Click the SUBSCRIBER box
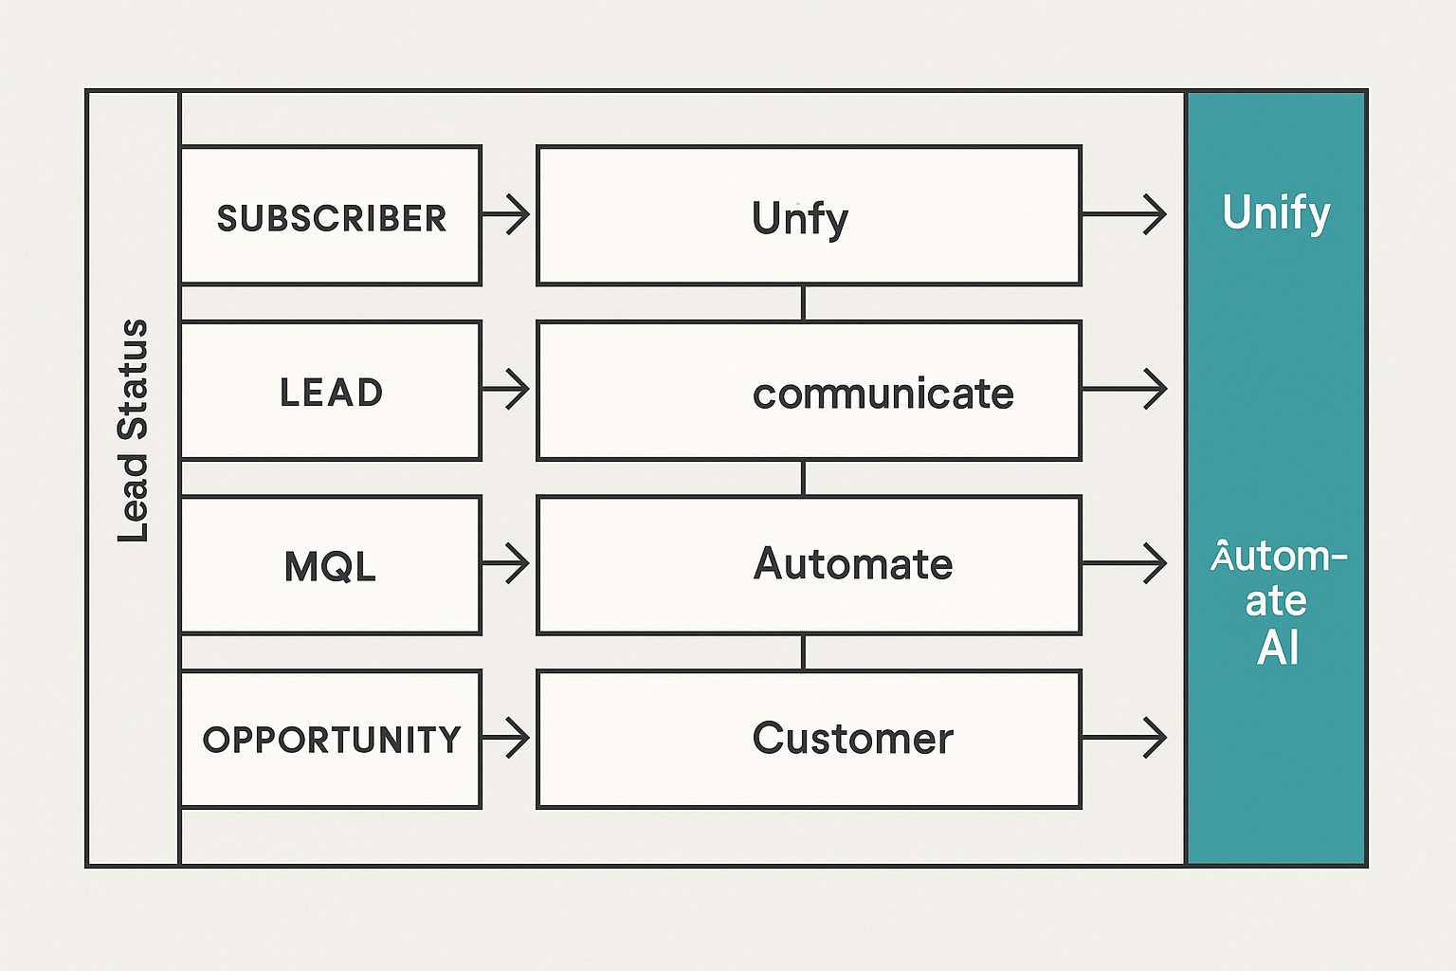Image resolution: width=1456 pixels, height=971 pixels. point(331,216)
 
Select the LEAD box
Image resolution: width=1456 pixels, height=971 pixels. point(331,392)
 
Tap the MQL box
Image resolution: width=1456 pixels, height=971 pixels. point(331,566)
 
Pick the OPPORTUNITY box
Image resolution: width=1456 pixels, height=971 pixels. point(331,740)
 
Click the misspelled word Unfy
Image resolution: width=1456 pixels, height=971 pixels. point(800,218)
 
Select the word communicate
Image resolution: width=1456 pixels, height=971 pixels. point(883,394)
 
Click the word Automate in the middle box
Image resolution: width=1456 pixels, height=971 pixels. point(852,564)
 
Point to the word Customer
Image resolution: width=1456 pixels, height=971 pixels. point(852,739)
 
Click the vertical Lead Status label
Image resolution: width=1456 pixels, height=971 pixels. point(134,431)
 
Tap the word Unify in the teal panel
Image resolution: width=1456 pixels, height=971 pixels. point(1276,212)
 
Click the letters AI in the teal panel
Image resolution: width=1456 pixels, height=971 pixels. point(1277,649)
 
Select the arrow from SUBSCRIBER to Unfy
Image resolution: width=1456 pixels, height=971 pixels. point(506,214)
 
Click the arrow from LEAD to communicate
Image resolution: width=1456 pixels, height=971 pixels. point(506,390)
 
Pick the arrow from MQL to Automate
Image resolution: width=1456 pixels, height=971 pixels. point(506,564)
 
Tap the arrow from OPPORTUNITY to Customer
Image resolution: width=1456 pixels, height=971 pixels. point(506,738)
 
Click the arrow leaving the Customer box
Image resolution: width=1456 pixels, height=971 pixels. point(1124,738)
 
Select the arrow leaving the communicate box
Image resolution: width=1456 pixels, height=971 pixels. point(1124,390)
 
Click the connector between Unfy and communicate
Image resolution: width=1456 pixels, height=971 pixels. point(804,303)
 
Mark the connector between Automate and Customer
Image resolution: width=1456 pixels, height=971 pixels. point(804,652)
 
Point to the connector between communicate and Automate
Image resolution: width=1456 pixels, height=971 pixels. point(804,478)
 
